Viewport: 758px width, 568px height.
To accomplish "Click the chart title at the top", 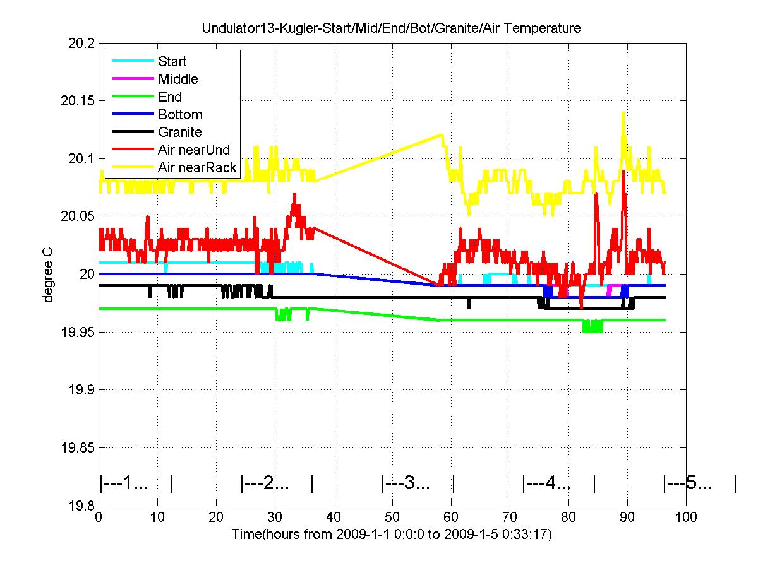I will pos(391,28).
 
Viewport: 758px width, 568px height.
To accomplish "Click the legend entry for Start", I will pos(172,62).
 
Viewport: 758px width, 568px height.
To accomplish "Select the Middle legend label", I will pos(177,80).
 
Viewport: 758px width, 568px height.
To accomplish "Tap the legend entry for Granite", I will pos(179,133).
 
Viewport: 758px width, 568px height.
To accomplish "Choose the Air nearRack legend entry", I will pos(197,168).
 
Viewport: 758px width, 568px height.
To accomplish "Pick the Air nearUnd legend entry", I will pos(194,150).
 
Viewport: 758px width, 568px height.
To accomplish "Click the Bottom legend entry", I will pos(180,115).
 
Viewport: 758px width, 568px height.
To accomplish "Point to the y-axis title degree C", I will pos(48,274).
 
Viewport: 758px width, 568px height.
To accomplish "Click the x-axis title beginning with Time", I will pos(392,535).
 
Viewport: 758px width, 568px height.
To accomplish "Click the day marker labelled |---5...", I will pos(688,485).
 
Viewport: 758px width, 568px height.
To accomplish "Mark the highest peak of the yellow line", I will pos(623,113).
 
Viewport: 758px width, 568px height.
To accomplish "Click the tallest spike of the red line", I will pos(623,171).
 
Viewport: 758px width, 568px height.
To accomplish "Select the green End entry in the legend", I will pos(170,97).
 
